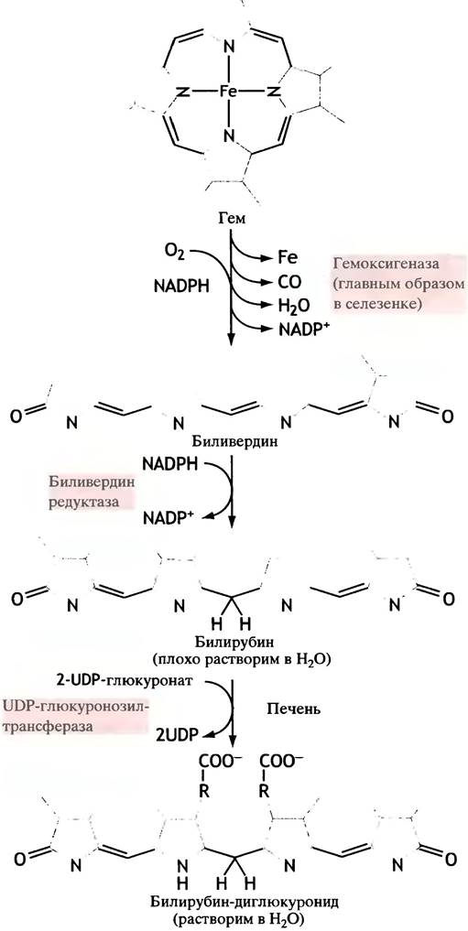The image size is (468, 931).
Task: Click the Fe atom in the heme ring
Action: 229,92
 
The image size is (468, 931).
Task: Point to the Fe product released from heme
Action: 288,258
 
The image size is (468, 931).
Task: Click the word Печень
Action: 291,709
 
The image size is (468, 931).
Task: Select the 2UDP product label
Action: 177,734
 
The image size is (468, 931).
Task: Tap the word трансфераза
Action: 53,726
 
